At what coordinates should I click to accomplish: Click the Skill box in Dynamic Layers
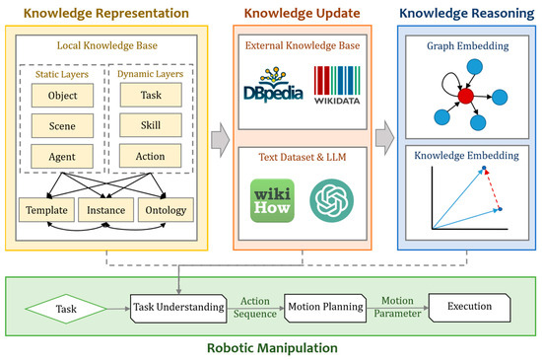pyautogui.click(x=143, y=126)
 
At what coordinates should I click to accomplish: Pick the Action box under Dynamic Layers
pyautogui.click(x=143, y=156)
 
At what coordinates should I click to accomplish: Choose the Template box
pyautogui.click(x=46, y=211)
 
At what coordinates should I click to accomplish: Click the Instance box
pyautogui.click(x=106, y=211)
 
